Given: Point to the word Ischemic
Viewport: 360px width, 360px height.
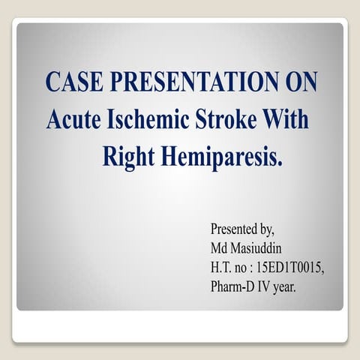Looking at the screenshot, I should (148, 120).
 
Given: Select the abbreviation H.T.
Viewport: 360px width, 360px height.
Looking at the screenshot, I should (222, 266).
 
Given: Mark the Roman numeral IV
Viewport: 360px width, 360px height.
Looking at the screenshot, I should (268, 286).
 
